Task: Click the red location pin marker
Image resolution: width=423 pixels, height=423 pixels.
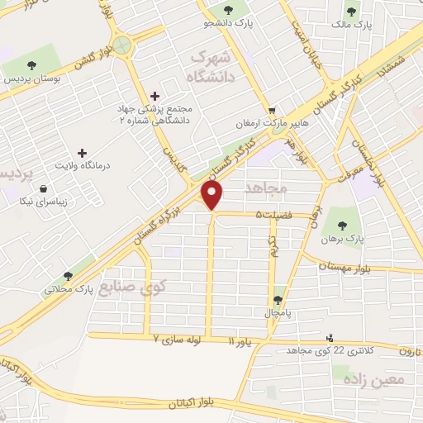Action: tap(213, 195)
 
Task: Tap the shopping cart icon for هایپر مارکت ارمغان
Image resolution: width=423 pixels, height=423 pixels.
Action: tap(272, 109)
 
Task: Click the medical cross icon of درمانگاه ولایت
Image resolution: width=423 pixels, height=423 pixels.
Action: tap(81, 153)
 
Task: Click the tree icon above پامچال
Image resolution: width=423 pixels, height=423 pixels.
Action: tap(278, 301)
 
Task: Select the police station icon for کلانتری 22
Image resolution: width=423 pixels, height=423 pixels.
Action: tap(330, 337)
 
